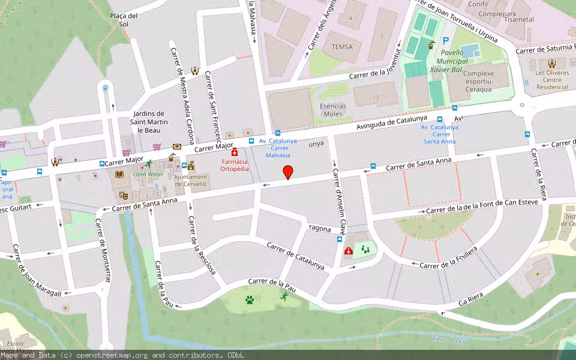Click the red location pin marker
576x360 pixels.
point(288,172)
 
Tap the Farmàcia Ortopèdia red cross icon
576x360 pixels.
point(235,152)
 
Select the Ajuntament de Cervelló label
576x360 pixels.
point(190,181)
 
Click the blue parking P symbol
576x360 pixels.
point(445,41)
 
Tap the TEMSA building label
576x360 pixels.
point(338,46)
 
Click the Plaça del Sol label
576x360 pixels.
point(124,20)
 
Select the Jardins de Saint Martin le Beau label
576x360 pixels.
point(148,122)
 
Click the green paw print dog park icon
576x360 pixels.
point(249,299)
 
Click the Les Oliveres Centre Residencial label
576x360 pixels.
point(552,80)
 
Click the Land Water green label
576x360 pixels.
point(148,174)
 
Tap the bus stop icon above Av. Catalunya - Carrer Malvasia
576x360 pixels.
point(277,133)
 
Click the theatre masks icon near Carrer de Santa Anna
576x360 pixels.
point(123,195)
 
